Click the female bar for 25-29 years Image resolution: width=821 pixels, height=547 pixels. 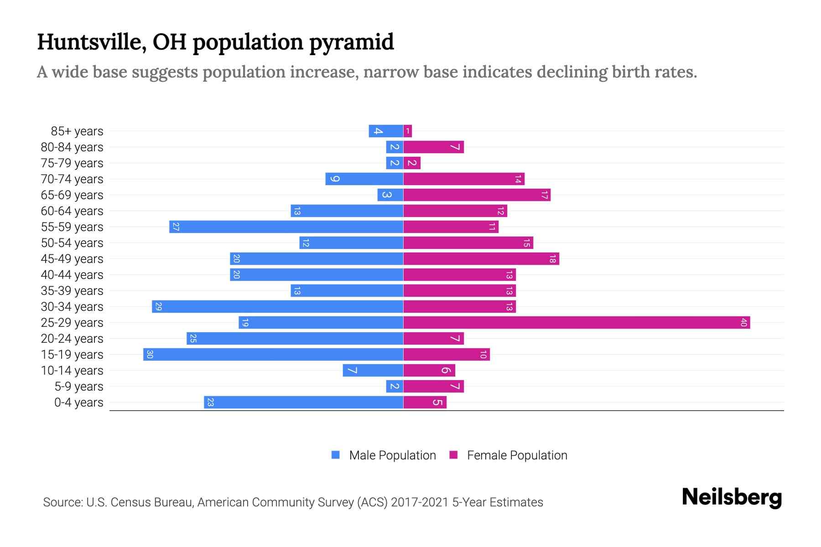click(x=577, y=323)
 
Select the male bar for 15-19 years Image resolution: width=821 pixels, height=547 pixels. click(x=274, y=355)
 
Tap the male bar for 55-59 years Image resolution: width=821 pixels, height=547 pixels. click(x=286, y=227)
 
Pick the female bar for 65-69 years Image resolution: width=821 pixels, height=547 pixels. click(x=477, y=195)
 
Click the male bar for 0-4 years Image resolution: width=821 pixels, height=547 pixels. click(x=304, y=403)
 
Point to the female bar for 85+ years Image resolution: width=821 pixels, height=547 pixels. click(x=408, y=131)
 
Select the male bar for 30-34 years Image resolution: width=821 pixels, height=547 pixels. click(x=278, y=307)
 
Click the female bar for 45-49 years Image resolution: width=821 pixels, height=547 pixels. click(x=481, y=259)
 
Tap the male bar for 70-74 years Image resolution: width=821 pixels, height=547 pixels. click(x=364, y=179)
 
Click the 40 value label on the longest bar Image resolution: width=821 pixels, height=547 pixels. click(x=743, y=323)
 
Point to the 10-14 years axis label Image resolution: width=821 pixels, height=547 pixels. click(x=72, y=371)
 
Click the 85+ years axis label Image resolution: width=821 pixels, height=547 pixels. click(x=77, y=131)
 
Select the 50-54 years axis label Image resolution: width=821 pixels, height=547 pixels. click(x=72, y=243)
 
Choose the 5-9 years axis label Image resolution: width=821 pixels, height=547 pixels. click(x=79, y=387)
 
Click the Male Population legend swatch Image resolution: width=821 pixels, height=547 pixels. click(x=336, y=455)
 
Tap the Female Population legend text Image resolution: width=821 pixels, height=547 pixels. click(x=517, y=455)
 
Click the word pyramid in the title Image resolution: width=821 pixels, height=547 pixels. click(x=351, y=42)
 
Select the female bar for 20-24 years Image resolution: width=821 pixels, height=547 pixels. click(x=433, y=339)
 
